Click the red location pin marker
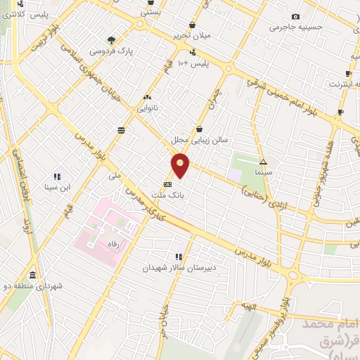click(181, 165)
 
